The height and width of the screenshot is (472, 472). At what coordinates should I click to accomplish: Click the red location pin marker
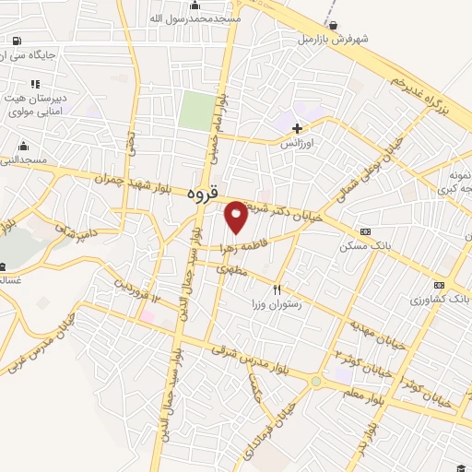point(236,217)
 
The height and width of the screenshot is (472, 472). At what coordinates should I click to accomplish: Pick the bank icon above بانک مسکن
point(366,231)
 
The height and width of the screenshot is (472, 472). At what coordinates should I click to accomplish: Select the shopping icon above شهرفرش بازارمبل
point(332,25)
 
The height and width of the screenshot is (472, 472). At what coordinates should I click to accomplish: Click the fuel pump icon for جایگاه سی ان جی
point(17,40)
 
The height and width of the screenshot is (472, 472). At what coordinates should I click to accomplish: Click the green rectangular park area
point(195,111)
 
